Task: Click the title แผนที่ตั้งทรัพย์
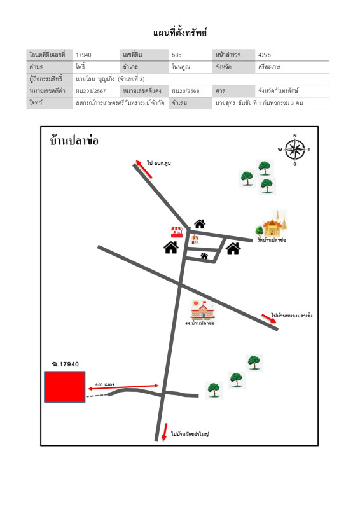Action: [180, 32]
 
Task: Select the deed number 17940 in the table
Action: [83, 55]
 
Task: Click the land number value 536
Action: [177, 55]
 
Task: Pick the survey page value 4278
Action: [265, 55]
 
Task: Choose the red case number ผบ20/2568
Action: [185, 91]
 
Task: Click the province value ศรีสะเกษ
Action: [270, 66]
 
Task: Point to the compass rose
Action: [294, 150]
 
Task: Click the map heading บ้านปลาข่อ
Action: [74, 141]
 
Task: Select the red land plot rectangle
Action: [64, 387]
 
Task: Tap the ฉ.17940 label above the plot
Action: [65, 364]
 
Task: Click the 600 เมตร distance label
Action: [104, 384]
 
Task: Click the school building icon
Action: [202, 310]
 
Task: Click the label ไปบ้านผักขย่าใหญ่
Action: [190, 434]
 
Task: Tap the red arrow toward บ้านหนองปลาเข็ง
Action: [269, 318]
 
